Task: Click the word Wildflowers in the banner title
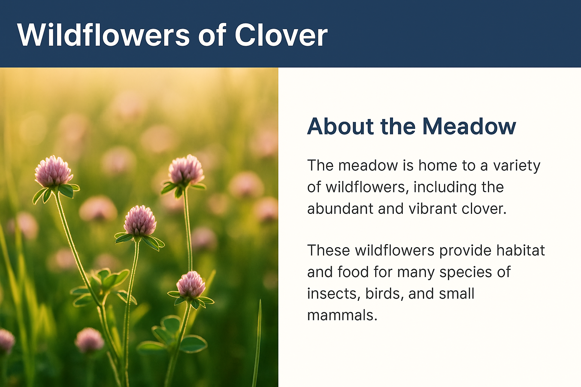pos(104,35)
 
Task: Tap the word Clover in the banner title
pos(281,35)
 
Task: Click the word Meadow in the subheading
pos(469,127)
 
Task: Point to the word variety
pos(516,166)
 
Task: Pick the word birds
pos(384,294)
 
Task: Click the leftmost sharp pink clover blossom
pos(53,171)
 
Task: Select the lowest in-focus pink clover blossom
pos(191,285)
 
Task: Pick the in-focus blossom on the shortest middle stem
pos(140,221)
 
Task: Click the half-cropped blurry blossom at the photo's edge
pos(6,341)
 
